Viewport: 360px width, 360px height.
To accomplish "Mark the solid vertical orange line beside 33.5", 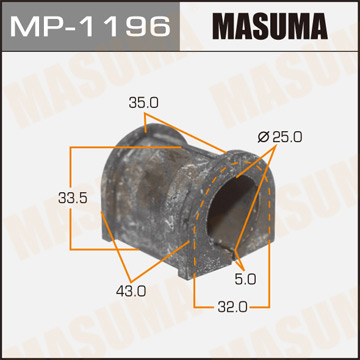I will point(71,199).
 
